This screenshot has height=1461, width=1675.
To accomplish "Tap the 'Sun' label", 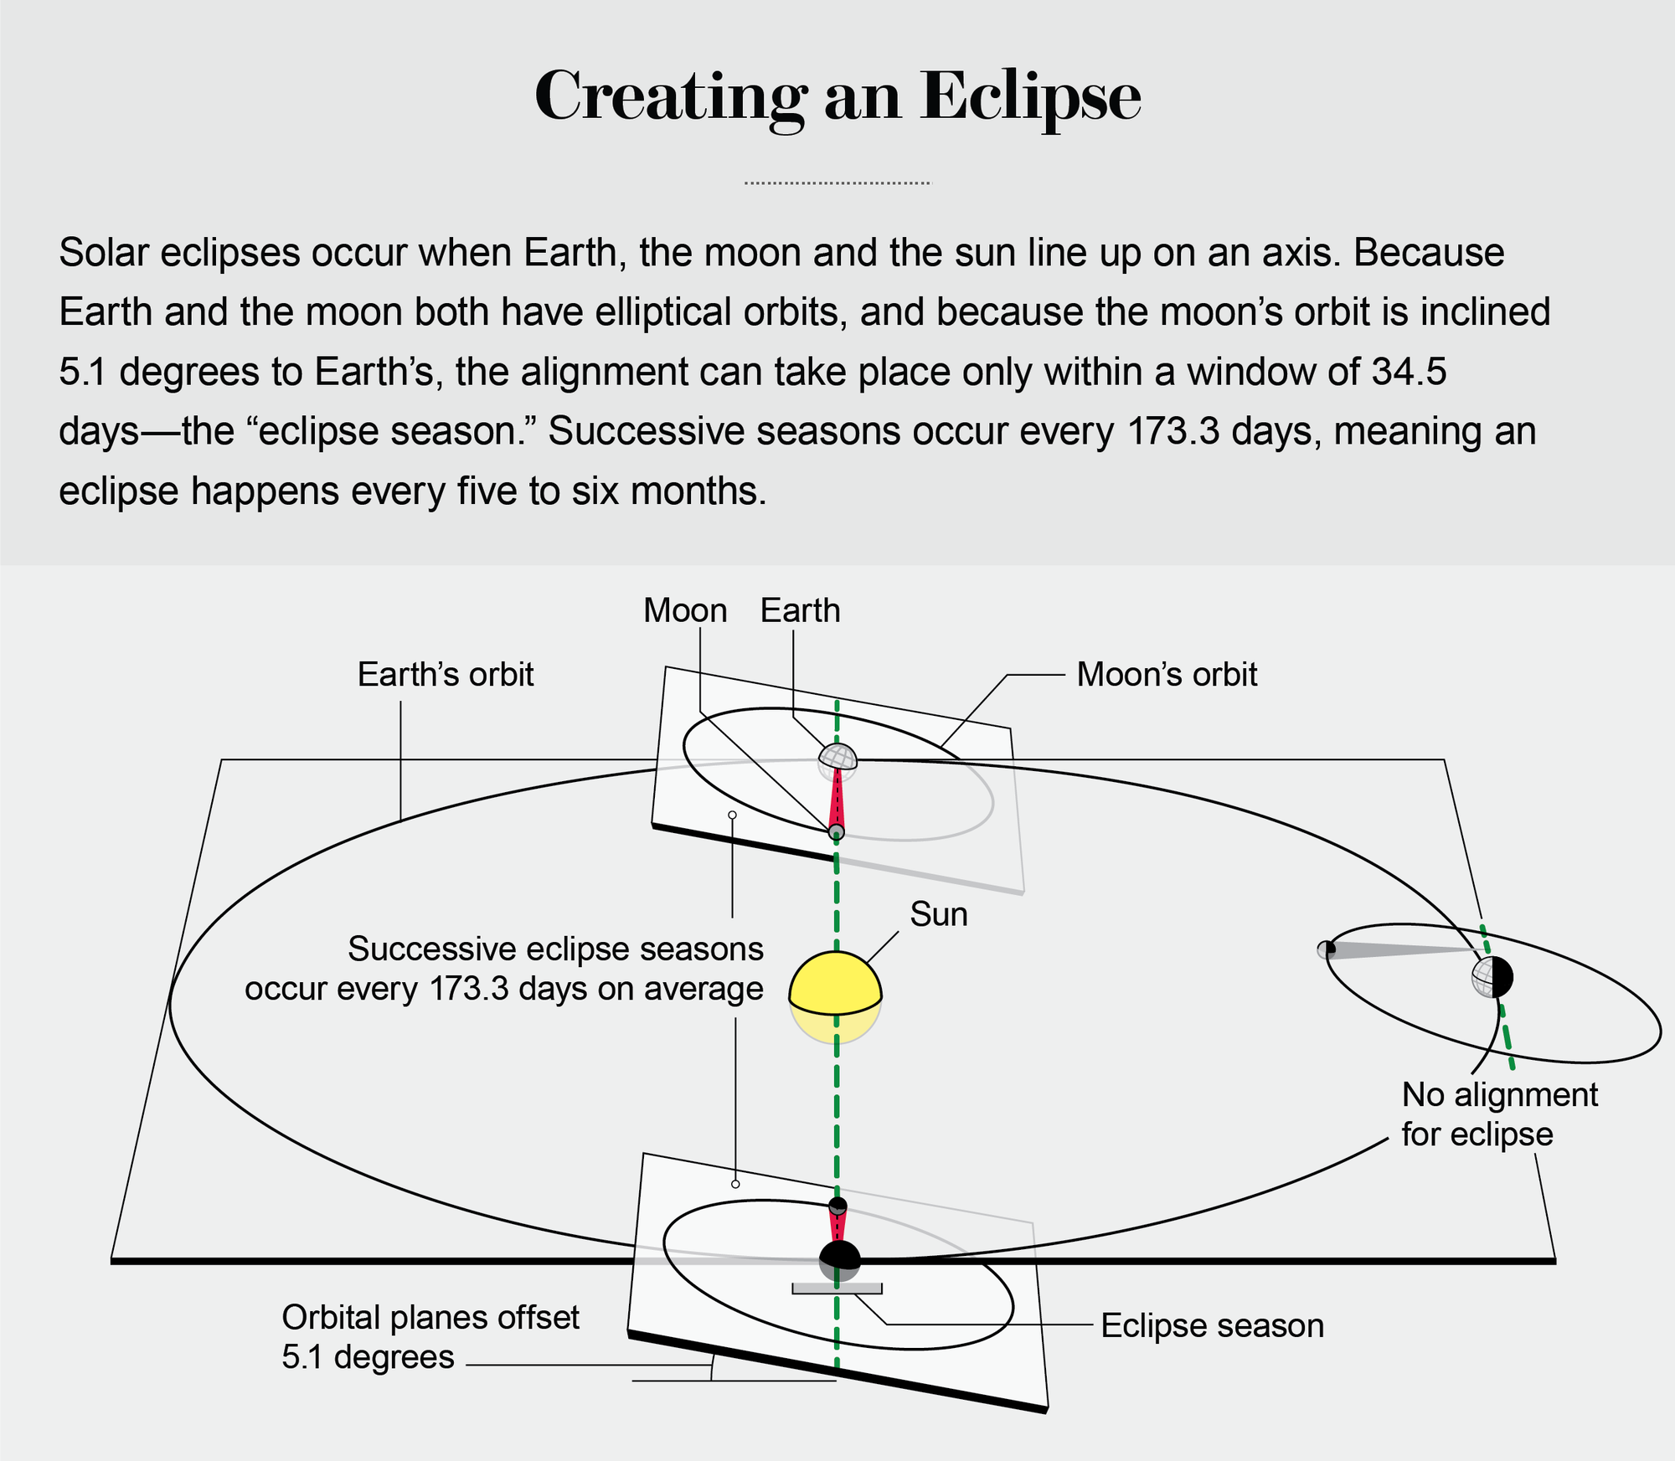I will [938, 914].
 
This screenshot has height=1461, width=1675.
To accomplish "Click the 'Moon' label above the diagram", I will [685, 610].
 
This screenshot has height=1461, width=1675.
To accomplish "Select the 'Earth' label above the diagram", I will [800, 610].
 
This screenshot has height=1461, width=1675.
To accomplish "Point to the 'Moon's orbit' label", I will [1166, 674].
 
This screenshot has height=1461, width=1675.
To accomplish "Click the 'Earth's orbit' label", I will [445, 674].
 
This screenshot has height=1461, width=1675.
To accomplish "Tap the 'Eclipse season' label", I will [1212, 1325].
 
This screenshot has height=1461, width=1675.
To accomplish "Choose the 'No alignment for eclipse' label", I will [1499, 1114].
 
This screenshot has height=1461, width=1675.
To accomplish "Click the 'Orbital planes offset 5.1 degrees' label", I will [430, 1336].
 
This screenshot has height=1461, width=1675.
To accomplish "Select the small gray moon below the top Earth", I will [836, 831].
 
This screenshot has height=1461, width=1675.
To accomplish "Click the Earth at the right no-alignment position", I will [1492, 976].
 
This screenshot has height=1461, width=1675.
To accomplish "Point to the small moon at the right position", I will [1326, 949].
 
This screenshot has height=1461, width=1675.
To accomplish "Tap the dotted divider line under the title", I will [837, 183].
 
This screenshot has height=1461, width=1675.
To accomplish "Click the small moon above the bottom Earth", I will [837, 1206].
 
